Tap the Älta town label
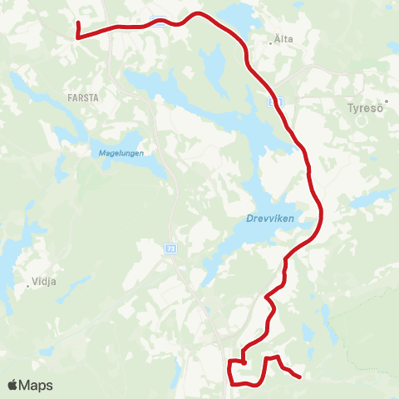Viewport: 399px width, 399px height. [x=283, y=38]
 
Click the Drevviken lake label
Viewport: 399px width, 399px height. [x=271, y=219]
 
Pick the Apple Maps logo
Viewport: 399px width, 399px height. [x=30, y=385]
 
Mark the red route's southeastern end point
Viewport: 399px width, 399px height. [x=298, y=377]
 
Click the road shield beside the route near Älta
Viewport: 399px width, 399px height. [x=278, y=101]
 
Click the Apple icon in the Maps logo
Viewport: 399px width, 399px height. [x=12, y=385]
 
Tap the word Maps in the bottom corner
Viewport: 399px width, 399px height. [x=37, y=385]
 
